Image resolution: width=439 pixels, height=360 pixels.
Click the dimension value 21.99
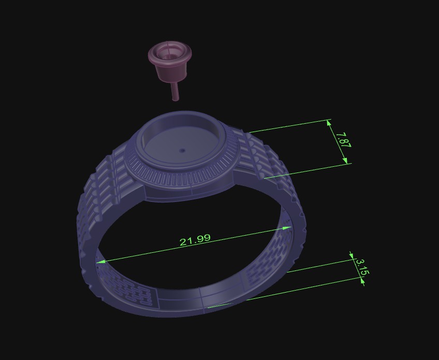click(195, 240)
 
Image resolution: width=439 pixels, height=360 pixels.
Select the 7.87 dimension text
click(343, 141)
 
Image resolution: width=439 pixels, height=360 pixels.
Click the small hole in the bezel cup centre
click(182, 151)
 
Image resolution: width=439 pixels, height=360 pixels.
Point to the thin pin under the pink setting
click(175, 91)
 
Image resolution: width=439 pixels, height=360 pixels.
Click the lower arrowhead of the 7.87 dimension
click(345, 161)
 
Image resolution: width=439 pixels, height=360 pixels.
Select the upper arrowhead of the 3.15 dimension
click(352, 256)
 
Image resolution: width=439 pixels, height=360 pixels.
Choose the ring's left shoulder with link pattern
click(101, 186)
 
